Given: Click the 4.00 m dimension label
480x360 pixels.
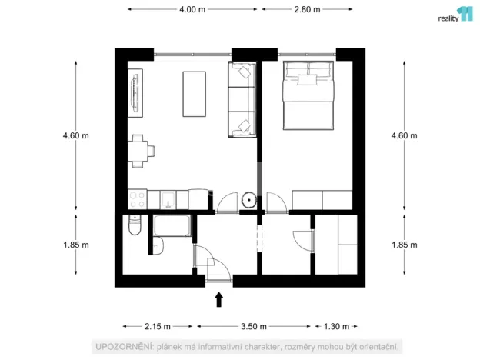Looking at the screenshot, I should (x=192, y=10).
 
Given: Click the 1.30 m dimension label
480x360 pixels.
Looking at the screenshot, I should (x=336, y=325).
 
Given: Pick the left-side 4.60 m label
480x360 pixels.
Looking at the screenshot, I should (x=75, y=135).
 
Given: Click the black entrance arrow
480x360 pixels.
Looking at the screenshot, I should (x=218, y=298).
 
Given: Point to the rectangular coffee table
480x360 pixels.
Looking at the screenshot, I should (x=194, y=94).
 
